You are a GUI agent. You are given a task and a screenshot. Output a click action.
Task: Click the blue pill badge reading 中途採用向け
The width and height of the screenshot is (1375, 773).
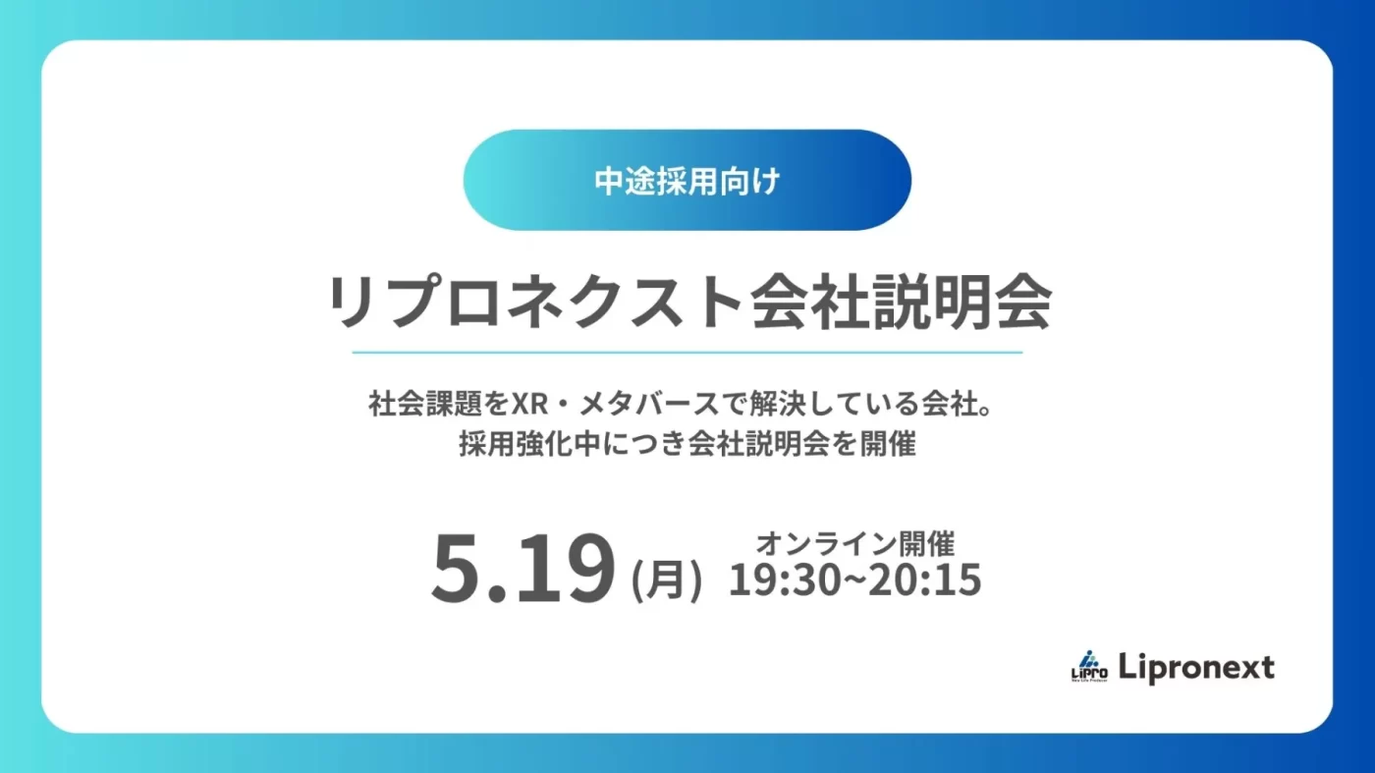coord(687,180)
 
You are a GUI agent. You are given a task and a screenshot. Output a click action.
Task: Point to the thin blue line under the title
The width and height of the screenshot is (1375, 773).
coord(687,353)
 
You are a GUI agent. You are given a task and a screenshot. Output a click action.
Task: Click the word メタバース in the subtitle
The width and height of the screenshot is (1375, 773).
coord(649,404)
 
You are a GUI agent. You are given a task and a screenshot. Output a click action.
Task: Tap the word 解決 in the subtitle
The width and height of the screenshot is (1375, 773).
coord(778,404)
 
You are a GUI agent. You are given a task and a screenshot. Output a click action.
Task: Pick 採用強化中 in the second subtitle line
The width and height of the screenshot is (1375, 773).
coord(529,443)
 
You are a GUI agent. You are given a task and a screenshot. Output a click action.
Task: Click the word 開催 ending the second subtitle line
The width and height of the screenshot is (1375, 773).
coord(888,443)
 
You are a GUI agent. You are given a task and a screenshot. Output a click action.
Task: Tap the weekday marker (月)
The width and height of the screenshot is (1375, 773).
coord(667,580)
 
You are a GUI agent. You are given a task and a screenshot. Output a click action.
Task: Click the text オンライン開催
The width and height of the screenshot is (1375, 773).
coord(855,543)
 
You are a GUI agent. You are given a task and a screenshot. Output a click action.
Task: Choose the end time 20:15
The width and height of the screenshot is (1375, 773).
coord(925,580)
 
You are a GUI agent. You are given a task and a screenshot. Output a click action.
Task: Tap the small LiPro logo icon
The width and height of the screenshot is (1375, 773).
coord(1089,666)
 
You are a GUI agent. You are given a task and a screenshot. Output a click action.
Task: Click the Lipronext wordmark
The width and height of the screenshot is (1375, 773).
coord(1196,668)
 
